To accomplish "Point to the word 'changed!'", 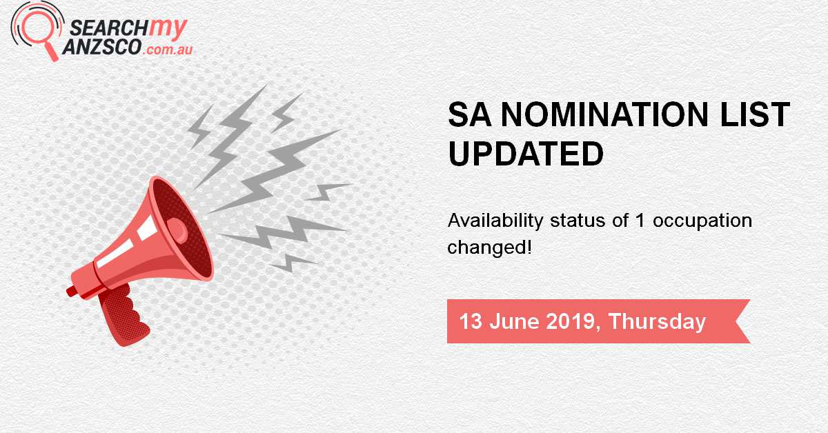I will coord(490,247).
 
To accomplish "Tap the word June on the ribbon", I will coord(514,321).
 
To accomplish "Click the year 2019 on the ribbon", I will coord(572,321).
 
